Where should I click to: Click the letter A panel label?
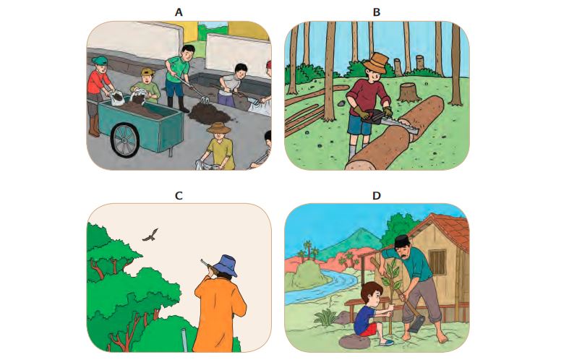pyautogui.click(x=178, y=12)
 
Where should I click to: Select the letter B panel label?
pyautogui.click(x=376, y=12)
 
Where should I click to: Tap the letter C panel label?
pyautogui.click(x=179, y=196)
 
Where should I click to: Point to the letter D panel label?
pyautogui.click(x=376, y=196)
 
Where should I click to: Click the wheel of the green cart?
pyautogui.click(x=125, y=140)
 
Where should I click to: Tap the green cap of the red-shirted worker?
pyautogui.click(x=100, y=60)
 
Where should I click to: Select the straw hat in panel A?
pyautogui.click(x=218, y=128)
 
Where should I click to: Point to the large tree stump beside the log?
pyautogui.click(x=409, y=93)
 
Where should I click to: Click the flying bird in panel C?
pyautogui.click(x=150, y=235)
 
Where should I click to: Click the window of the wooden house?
pyautogui.click(x=437, y=262)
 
